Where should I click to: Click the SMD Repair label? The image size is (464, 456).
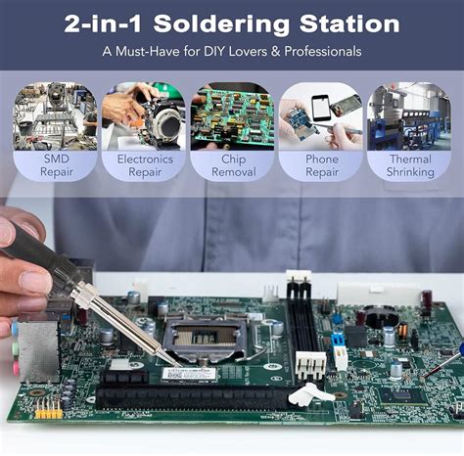[55, 164]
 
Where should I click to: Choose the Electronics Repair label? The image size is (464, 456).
[144, 164]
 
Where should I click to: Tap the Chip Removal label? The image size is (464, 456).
[231, 164]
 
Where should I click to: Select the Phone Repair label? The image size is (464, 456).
[320, 164]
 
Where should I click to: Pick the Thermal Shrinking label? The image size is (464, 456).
[409, 164]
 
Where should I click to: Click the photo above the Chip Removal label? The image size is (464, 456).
[231, 115]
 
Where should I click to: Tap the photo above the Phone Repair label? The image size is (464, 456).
[320, 115]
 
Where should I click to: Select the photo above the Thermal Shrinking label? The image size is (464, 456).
[409, 115]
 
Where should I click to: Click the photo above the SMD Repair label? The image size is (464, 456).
[55, 115]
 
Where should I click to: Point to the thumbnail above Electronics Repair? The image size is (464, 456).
[144, 115]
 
